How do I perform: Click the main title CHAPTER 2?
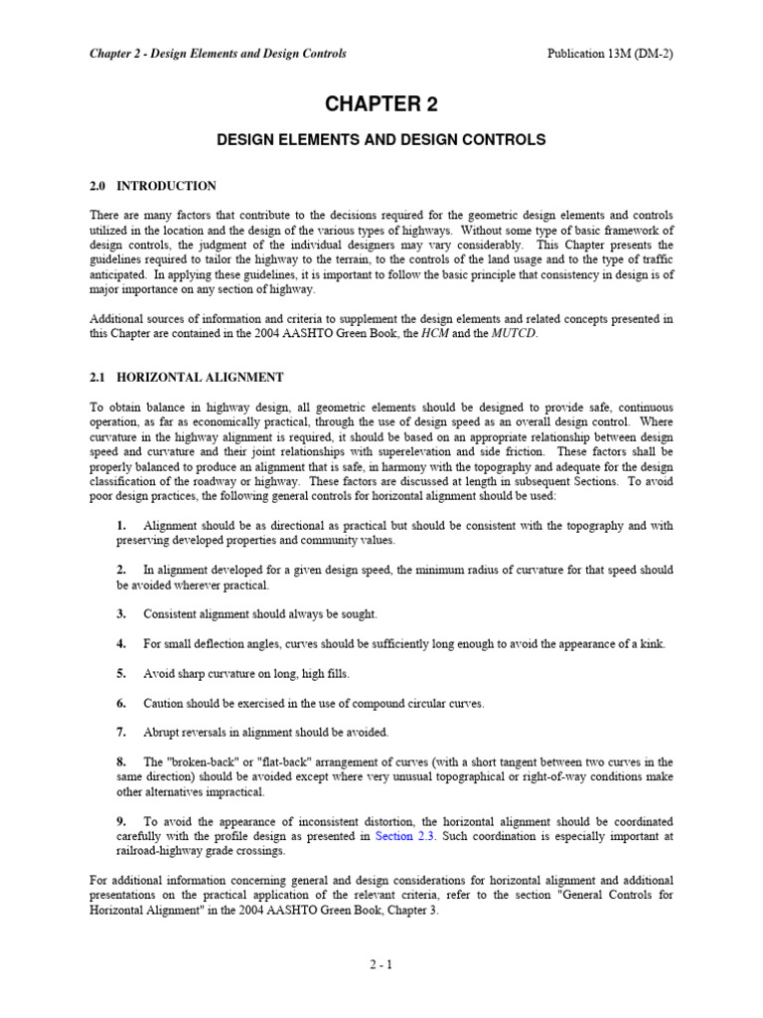[381, 105]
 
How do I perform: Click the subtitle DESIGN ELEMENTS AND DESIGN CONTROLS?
[381, 140]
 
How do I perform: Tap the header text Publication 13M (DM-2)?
[610, 54]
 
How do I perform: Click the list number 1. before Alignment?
[121, 525]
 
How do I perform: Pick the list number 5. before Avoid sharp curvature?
[121, 673]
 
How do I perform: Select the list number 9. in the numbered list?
[121, 821]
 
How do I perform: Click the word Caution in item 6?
[166, 703]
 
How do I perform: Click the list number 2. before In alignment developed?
[121, 570]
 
